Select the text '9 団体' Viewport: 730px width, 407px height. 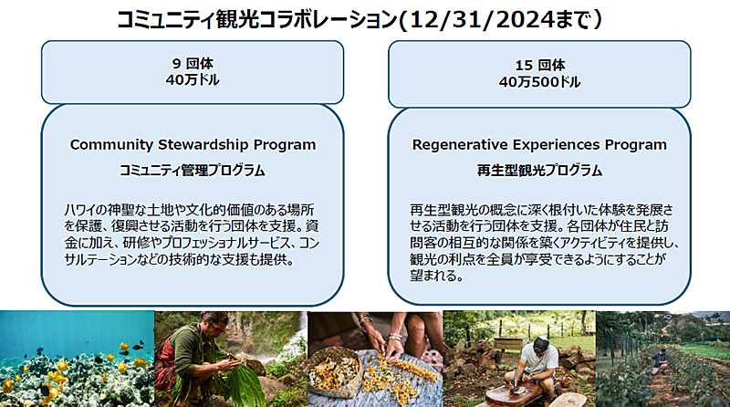pyautogui.click(x=193, y=63)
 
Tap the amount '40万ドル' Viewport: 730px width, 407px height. pyautogui.click(x=193, y=79)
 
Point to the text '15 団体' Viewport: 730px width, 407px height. pyautogui.click(x=540, y=65)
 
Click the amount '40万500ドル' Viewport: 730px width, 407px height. pyautogui.click(x=539, y=82)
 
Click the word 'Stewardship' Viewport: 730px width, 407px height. pyautogui.click(x=203, y=144)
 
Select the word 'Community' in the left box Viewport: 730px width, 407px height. pyautogui.click(x=111, y=145)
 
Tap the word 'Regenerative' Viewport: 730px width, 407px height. pyautogui.click(x=460, y=145)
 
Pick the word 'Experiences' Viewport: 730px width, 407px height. pyautogui.click(x=556, y=145)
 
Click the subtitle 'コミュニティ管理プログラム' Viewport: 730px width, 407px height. pyautogui.click(x=193, y=171)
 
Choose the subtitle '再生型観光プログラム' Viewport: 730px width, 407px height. pyautogui.click(x=539, y=171)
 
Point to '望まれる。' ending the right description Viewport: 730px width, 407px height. pyautogui.click(x=437, y=276)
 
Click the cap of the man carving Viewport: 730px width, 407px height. pyautogui.click(x=542, y=344)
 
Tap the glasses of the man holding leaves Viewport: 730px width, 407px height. pyautogui.click(x=215, y=328)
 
